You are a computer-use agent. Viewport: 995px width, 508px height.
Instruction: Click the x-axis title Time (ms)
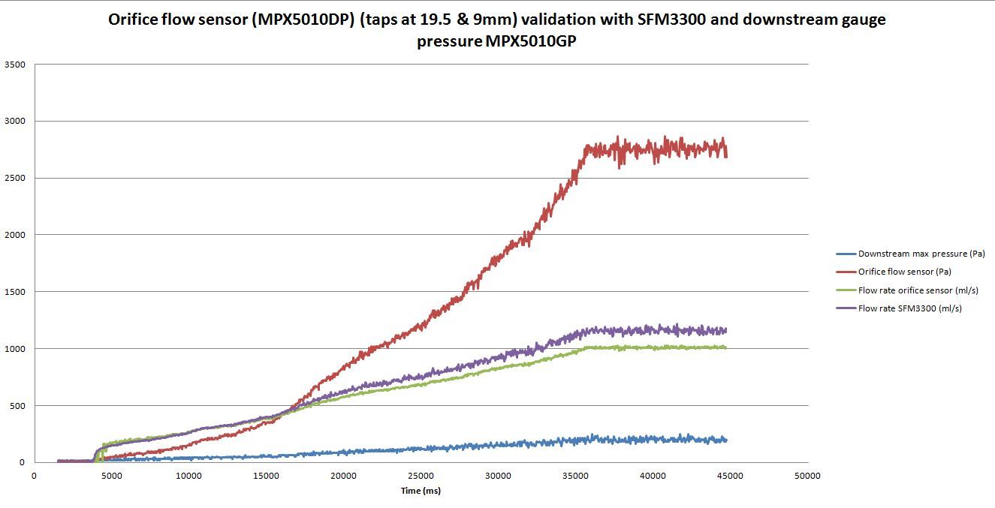click(421, 491)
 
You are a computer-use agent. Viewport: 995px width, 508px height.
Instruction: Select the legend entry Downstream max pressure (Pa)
click(921, 254)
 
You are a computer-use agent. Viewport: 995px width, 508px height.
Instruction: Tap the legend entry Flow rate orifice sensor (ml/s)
click(918, 290)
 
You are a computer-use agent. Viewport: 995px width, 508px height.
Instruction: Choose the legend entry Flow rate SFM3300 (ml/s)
click(909, 308)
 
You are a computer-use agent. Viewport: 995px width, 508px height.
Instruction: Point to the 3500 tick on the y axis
click(16, 65)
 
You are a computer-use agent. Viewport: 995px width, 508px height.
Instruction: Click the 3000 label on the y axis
click(16, 121)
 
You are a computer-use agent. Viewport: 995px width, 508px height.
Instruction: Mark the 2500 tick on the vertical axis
click(16, 178)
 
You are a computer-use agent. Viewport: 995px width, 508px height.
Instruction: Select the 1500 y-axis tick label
click(16, 292)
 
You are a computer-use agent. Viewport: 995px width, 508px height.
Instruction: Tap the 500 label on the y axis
click(19, 406)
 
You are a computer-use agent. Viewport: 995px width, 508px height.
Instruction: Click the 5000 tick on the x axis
click(111, 476)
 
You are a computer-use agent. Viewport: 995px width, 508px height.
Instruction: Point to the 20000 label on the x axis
click(344, 476)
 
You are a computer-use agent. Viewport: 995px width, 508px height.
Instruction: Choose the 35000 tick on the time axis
click(576, 476)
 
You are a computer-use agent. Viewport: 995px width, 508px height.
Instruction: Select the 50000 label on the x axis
click(808, 476)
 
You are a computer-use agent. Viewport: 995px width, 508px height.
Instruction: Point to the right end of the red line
click(726, 154)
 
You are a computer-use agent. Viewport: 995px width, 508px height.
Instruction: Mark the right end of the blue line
click(726, 440)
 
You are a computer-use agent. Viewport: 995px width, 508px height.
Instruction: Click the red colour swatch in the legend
click(846, 272)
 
